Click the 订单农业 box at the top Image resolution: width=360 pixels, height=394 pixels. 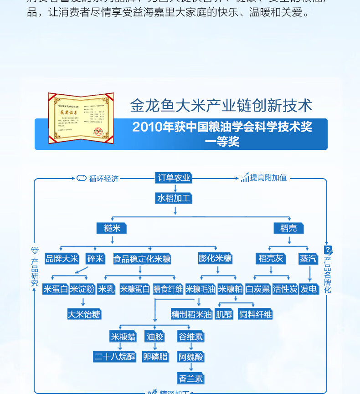point(173,178)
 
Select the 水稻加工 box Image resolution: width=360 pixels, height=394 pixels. point(174,198)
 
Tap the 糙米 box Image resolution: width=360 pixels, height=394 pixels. point(112,228)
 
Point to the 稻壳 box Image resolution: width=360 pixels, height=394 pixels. point(288,228)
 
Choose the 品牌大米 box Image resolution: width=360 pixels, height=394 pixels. point(62,259)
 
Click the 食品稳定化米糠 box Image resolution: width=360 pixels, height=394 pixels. point(142,259)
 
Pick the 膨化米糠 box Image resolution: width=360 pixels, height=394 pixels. point(215,258)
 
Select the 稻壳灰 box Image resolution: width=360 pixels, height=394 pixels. point(271,259)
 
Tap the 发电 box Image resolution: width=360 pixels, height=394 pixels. point(309,289)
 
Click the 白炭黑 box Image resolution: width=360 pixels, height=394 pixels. point(257,289)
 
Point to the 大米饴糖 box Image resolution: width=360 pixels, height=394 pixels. point(84,314)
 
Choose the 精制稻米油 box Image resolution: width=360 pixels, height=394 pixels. point(191,314)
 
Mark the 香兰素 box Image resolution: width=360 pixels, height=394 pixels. point(190,378)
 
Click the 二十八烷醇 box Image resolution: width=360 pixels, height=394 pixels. point(115,356)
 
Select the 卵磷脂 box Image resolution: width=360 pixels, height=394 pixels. point(155,356)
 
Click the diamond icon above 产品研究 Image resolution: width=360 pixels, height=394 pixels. point(35,251)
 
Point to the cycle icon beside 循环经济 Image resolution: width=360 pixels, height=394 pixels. point(82,178)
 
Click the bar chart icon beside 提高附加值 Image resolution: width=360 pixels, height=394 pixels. point(245,178)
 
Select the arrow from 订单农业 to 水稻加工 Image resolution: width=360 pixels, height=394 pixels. point(175,188)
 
